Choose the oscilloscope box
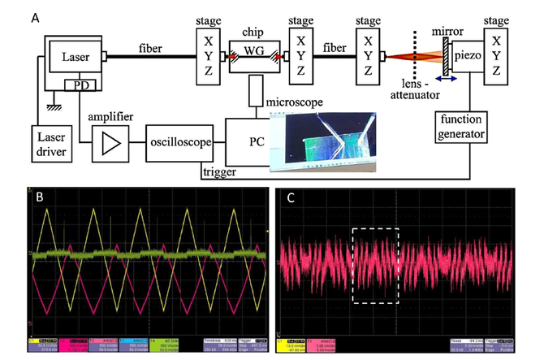coord(179,143)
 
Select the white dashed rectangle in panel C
coord(374,265)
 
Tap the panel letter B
coord(37,197)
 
